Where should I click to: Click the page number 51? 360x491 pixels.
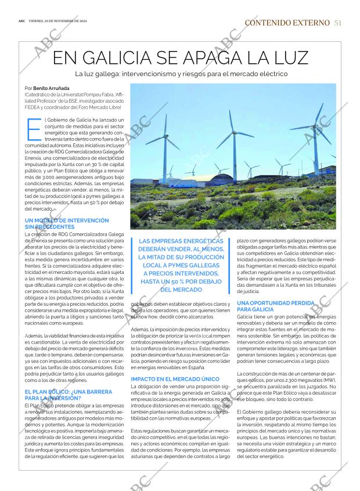(x=337, y=23)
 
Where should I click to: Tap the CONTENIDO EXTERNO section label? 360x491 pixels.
(x=287, y=23)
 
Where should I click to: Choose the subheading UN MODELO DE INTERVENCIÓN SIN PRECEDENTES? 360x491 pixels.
(x=67, y=224)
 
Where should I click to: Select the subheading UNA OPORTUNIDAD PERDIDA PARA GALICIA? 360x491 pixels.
(x=276, y=306)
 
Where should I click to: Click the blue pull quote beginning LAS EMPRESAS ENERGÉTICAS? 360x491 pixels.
(x=181, y=265)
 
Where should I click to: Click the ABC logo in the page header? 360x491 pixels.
(x=21, y=21)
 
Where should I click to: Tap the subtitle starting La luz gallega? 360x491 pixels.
(x=182, y=74)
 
